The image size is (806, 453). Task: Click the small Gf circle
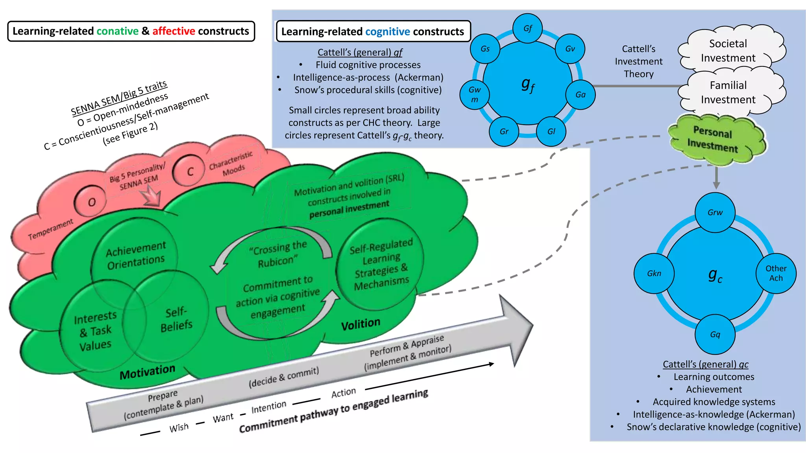(x=528, y=28)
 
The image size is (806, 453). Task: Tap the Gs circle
(x=485, y=49)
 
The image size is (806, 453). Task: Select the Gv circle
(x=570, y=49)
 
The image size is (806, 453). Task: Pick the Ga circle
(x=580, y=94)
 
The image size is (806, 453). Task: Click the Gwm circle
(x=475, y=94)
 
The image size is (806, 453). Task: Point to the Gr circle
(x=504, y=131)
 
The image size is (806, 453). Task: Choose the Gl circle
(x=551, y=131)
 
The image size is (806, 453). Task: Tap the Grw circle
(x=715, y=212)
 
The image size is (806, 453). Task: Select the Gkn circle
(x=654, y=273)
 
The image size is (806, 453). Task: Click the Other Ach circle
(x=776, y=273)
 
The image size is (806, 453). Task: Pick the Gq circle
(x=715, y=334)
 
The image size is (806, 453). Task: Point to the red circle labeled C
(x=189, y=171)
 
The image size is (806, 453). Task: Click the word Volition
(x=360, y=324)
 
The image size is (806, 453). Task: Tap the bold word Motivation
(x=147, y=372)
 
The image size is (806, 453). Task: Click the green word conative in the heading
(x=118, y=31)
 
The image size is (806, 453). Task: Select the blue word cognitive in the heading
(x=388, y=31)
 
